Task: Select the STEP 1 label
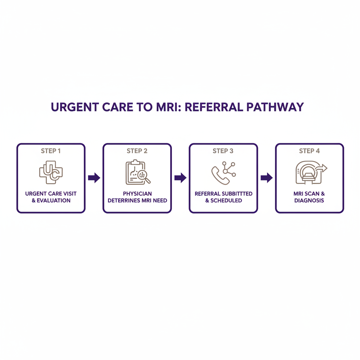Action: tap(51, 151)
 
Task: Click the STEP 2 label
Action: tap(137, 151)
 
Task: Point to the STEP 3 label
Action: tap(223, 151)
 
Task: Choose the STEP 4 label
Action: tap(309, 151)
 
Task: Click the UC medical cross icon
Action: tap(51, 172)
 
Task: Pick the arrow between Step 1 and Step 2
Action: tap(94, 178)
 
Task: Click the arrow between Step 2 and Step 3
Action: tap(180, 178)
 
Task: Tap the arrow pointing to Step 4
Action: tap(266, 178)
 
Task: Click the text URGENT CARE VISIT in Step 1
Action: tap(51, 194)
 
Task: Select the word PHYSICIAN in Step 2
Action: tap(137, 194)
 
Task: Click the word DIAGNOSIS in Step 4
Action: tap(309, 200)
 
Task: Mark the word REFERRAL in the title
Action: tap(211, 107)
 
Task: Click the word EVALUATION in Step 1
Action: tap(54, 200)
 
